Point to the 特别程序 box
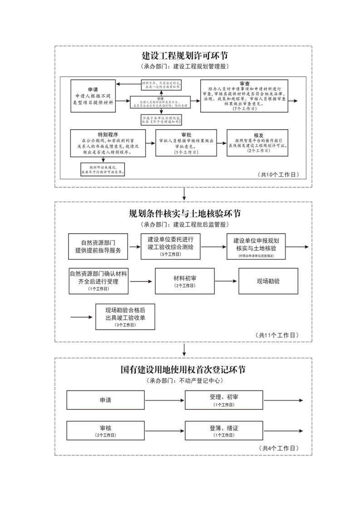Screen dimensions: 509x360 pyautogui.click(x=108, y=143)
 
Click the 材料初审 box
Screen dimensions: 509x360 pyautogui.click(x=185, y=281)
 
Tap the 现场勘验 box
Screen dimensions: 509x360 pyautogui.click(x=268, y=281)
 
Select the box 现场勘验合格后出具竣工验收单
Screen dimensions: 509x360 pyautogui.click(x=125, y=317)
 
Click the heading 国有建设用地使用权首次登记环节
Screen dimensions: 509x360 pyautogui.click(x=183, y=369)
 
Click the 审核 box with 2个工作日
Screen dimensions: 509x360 pyautogui.click(x=105, y=431)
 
